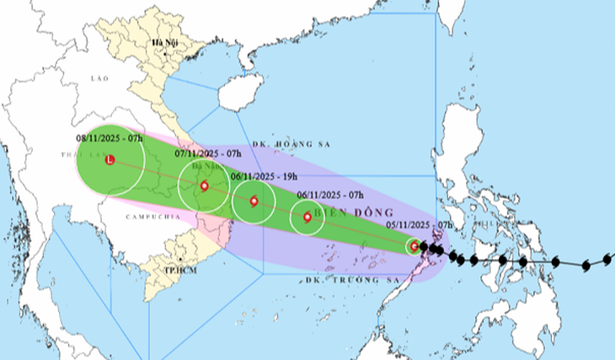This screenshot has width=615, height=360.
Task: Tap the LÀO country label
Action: tap(99, 78)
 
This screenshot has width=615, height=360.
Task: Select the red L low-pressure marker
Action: tap(110, 159)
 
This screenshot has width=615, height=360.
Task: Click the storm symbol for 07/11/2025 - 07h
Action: tap(204, 185)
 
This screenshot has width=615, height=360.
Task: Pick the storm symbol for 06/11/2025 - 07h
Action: tap(307, 217)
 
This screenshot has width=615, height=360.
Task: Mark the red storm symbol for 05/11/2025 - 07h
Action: tap(414, 246)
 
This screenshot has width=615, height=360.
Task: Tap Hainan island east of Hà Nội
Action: tap(237, 92)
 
